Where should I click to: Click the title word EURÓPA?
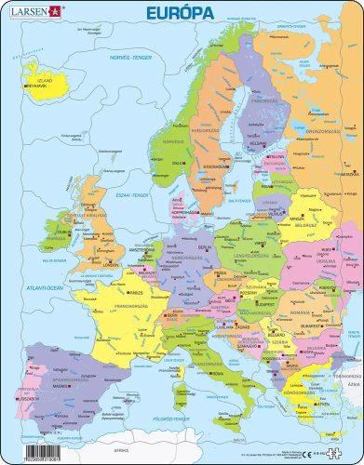coord(182,13)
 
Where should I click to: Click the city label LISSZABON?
coord(23,395)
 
